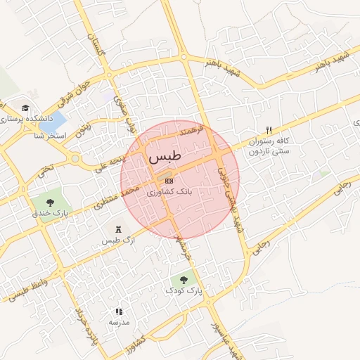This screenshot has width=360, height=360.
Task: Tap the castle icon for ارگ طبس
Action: click(117, 230)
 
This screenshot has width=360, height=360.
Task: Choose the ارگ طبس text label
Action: click(117, 241)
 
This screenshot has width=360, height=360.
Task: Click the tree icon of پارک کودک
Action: click(184, 279)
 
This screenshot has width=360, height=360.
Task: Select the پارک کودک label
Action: click(184, 290)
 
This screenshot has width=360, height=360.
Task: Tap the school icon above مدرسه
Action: click(119, 311)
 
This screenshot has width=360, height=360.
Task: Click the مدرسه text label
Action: click(119, 322)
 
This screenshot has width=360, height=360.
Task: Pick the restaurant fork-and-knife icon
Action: click(268, 129)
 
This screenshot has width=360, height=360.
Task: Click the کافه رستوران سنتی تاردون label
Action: click(267, 146)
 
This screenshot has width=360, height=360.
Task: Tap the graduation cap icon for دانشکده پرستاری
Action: click(25, 108)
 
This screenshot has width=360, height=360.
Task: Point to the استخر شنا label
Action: click(49, 135)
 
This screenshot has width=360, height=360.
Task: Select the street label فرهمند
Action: click(191, 130)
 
